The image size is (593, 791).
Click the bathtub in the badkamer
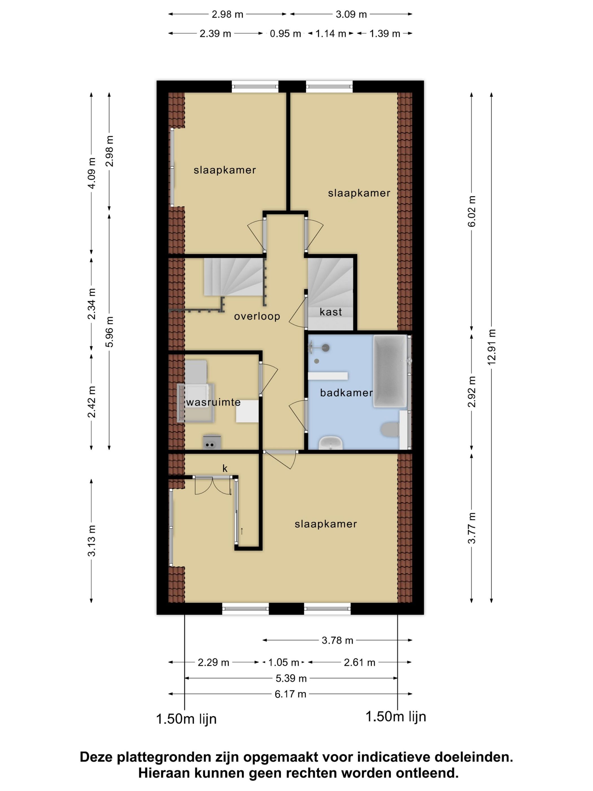click(x=390, y=371)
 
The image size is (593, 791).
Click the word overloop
click(x=257, y=316)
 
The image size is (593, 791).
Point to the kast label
click(x=331, y=312)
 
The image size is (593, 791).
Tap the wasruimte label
click(x=213, y=402)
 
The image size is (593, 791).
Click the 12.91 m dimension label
click(x=492, y=347)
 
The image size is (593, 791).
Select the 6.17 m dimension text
click(x=290, y=694)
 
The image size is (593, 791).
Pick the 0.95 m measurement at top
click(x=285, y=34)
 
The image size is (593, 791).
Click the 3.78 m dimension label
click(x=337, y=640)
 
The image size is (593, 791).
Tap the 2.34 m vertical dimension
click(x=92, y=304)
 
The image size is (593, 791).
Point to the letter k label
click(x=225, y=468)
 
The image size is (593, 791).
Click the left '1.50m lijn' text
click(x=186, y=719)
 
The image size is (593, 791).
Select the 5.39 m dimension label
click(x=291, y=678)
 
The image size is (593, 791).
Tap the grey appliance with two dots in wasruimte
click(x=212, y=442)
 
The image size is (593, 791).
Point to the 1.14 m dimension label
click(x=331, y=34)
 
